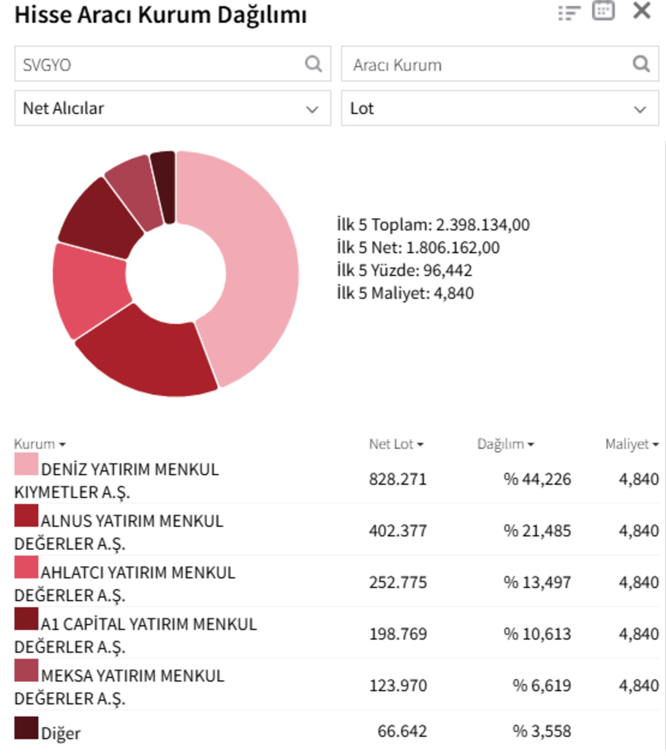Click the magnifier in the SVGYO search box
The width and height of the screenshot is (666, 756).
(x=313, y=64)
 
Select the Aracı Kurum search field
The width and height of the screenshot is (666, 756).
(x=500, y=64)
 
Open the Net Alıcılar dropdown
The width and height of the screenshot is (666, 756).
(x=173, y=108)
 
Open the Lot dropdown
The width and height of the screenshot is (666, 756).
(x=500, y=108)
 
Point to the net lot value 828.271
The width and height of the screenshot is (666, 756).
(x=397, y=479)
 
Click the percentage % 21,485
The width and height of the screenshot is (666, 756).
(x=537, y=531)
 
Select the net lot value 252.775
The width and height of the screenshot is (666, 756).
(x=397, y=582)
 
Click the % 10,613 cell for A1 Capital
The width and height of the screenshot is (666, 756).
(x=537, y=633)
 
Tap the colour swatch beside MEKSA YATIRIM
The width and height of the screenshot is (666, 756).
(x=26, y=670)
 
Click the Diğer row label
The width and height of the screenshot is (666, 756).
(x=60, y=734)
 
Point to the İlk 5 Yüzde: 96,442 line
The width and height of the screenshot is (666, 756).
(x=404, y=270)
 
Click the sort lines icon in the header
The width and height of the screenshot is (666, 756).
(x=569, y=13)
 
